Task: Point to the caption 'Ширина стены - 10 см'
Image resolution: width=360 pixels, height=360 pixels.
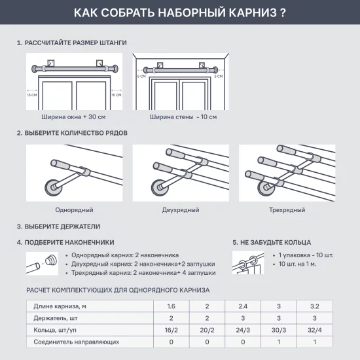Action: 183,117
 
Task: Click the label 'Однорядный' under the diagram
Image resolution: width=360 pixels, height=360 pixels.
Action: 74,210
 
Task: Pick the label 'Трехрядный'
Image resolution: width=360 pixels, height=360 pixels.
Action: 287,210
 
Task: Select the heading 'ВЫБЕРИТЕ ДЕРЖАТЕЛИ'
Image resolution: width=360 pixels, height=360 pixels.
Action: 62,226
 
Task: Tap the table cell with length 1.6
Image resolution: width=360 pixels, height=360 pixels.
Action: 171,306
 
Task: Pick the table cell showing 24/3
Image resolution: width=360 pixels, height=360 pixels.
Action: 243,330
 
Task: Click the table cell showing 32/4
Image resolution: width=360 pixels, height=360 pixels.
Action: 314,330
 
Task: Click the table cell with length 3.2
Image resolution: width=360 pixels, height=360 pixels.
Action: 314,306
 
